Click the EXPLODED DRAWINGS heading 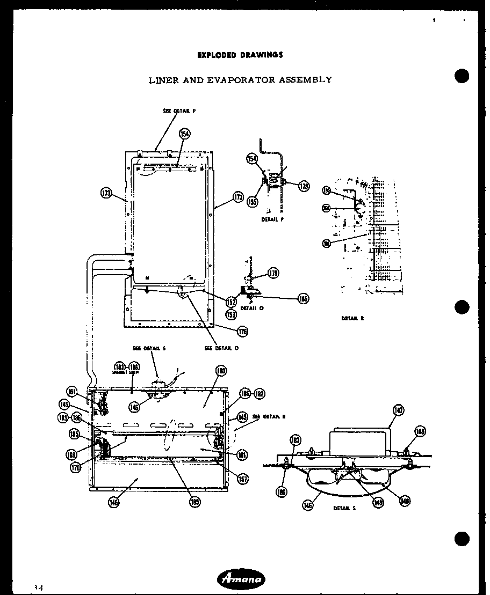pyautogui.click(x=240, y=55)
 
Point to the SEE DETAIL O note pyautogui.click(x=221, y=348)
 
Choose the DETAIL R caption pyautogui.click(x=352, y=318)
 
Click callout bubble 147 pyautogui.click(x=398, y=411)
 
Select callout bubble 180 pyautogui.click(x=221, y=370)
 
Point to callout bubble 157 pyautogui.click(x=243, y=479)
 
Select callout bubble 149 pyautogui.click(x=114, y=503)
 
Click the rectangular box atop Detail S pyautogui.click(x=359, y=441)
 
